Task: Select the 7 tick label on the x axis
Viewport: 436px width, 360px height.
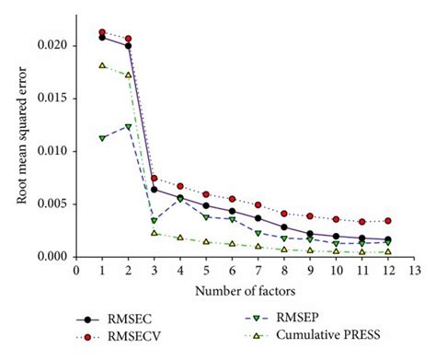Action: (258, 271)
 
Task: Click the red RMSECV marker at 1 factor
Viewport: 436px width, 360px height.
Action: (102, 32)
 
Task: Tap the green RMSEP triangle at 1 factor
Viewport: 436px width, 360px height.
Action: (102, 138)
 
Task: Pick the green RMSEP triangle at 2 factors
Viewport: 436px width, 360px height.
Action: (128, 126)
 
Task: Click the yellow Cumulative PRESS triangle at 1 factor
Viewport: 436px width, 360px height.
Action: (102, 65)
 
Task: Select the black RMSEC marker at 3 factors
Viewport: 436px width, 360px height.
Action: (155, 190)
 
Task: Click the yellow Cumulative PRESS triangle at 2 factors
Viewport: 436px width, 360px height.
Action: (128, 75)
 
